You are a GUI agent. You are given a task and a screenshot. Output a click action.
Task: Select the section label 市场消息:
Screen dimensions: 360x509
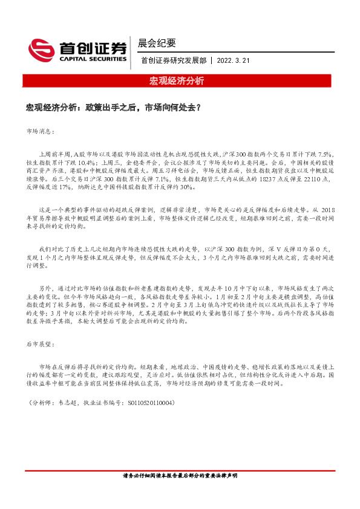[x=41, y=131]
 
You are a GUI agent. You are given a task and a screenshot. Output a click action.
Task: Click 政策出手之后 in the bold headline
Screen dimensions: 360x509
[x=108, y=108]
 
